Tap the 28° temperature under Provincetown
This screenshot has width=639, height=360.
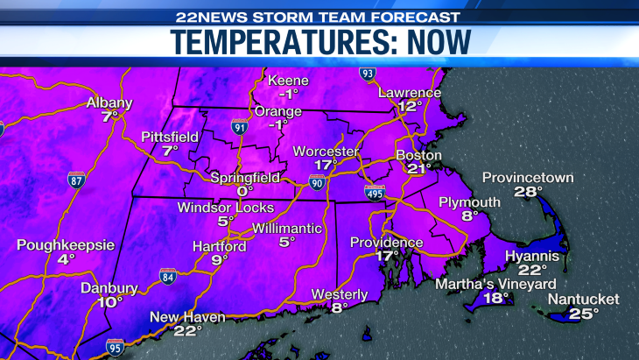coord(529,192)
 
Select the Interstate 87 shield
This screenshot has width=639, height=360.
coord(77,181)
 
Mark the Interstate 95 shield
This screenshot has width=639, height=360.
coord(115,347)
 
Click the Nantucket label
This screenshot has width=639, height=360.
coord(583,300)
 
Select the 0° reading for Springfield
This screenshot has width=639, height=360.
coord(244,190)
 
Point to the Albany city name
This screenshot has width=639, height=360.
coord(109,102)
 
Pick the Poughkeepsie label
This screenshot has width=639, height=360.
coord(66,245)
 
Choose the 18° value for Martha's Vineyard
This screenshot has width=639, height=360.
coord(496,298)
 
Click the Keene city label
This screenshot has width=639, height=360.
coord(289,81)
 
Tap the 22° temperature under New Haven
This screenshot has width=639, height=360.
coord(187,330)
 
